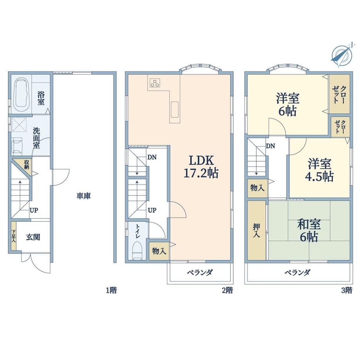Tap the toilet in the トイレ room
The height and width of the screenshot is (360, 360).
pyautogui.click(x=138, y=250)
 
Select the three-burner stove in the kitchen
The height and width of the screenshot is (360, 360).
pyautogui.click(x=155, y=83)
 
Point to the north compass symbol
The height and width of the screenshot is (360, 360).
pyautogui.click(x=342, y=55)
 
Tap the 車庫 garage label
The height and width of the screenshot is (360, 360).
pyautogui.click(x=84, y=196)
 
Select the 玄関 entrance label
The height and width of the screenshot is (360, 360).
pyautogui.click(x=33, y=237)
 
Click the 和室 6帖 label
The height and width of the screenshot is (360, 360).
pyautogui.click(x=309, y=230)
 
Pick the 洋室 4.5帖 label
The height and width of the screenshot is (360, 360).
pyautogui.click(x=319, y=170)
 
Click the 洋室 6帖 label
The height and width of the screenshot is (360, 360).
pyautogui.click(x=288, y=104)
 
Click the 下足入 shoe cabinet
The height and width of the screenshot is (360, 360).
pyautogui.click(x=14, y=236)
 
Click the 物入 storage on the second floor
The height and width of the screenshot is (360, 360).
pyautogui.click(x=159, y=251)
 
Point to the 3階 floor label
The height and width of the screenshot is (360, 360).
pyautogui.click(x=346, y=290)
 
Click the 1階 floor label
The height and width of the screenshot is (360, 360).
pyautogui.click(x=112, y=290)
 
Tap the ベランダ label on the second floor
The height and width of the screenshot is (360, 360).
pyautogui.click(x=200, y=272)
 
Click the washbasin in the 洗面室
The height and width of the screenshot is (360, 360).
pyautogui.click(x=17, y=145)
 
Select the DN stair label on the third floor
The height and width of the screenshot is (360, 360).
pyautogui.click(x=270, y=146)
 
